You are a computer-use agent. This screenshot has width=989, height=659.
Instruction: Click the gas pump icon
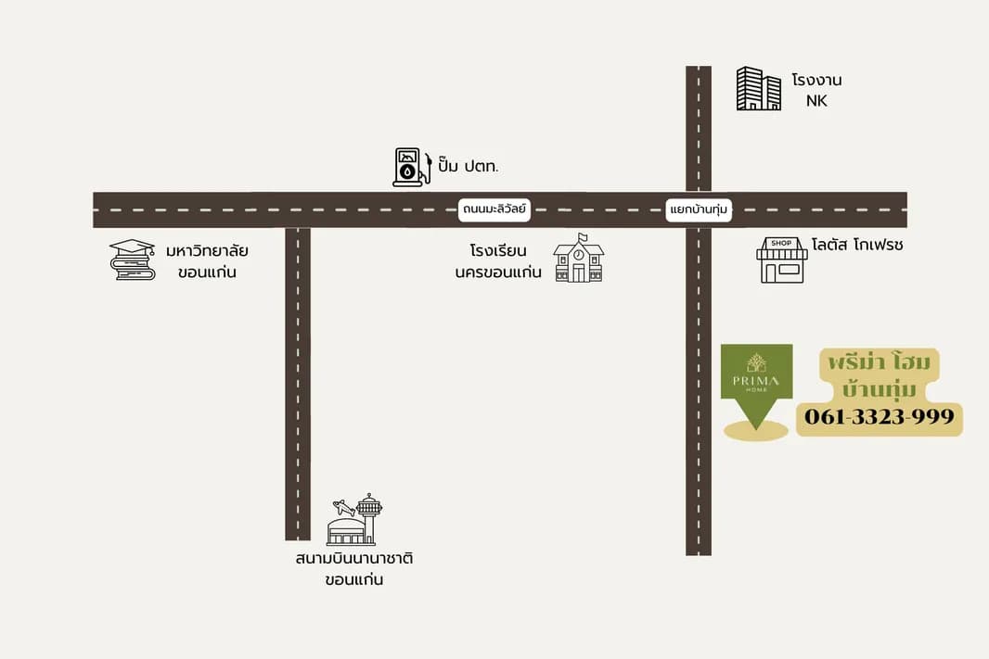point(412,167)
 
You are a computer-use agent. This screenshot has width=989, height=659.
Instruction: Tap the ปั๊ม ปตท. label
point(468,166)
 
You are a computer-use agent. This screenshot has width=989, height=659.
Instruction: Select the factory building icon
point(759,88)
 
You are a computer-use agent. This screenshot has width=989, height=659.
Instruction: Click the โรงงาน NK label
point(816,90)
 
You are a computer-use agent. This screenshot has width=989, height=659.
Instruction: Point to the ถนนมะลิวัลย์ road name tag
point(494,209)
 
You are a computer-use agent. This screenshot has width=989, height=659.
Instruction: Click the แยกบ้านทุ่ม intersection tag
point(699,209)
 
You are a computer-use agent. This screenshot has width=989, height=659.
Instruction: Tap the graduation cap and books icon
point(133,260)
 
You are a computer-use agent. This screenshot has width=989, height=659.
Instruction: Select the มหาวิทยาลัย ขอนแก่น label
point(207,261)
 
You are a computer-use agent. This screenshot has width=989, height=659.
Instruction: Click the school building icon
point(578,259)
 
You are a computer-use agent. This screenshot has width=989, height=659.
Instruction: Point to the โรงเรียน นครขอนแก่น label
point(498,261)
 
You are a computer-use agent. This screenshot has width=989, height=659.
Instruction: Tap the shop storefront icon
point(782,260)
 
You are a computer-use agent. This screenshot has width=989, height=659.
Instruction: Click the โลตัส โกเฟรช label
point(857,245)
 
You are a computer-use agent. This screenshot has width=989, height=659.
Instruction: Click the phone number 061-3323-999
point(880,416)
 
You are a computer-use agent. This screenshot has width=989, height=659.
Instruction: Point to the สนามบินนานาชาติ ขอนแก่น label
point(353,569)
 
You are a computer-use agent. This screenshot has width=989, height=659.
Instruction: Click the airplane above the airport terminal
point(344,507)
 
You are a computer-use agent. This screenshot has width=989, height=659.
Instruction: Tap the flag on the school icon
point(583,237)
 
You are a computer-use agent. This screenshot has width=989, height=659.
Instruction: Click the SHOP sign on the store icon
point(781,243)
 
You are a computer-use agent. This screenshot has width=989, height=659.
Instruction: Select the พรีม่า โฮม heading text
point(880,362)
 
